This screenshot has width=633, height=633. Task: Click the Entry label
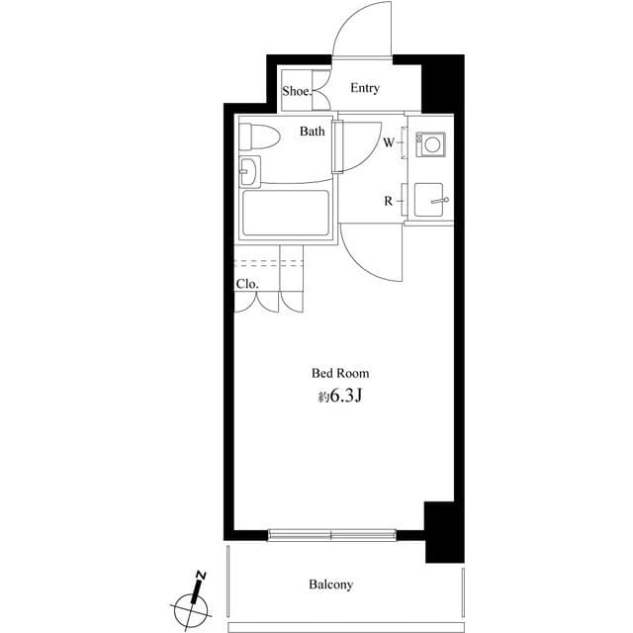pyautogui.click(x=364, y=89)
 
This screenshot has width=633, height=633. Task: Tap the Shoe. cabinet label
pyautogui.click(x=296, y=91)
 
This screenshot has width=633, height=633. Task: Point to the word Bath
pyautogui.click(x=313, y=132)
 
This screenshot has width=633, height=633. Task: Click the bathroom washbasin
pyautogui.click(x=249, y=172)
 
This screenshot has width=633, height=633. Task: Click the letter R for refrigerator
pyautogui.click(x=389, y=202)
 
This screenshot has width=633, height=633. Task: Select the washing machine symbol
pyautogui.click(x=432, y=144)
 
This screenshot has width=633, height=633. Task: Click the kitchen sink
pyautogui.click(x=431, y=201)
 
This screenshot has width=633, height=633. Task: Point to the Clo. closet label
pyautogui.click(x=246, y=284)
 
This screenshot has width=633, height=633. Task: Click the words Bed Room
pyautogui.click(x=340, y=374)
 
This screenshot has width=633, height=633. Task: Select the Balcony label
pyautogui.click(x=330, y=585)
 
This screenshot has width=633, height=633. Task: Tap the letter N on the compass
pyautogui.click(x=200, y=576)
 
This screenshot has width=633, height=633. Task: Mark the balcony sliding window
pyautogui.click(x=331, y=535)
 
